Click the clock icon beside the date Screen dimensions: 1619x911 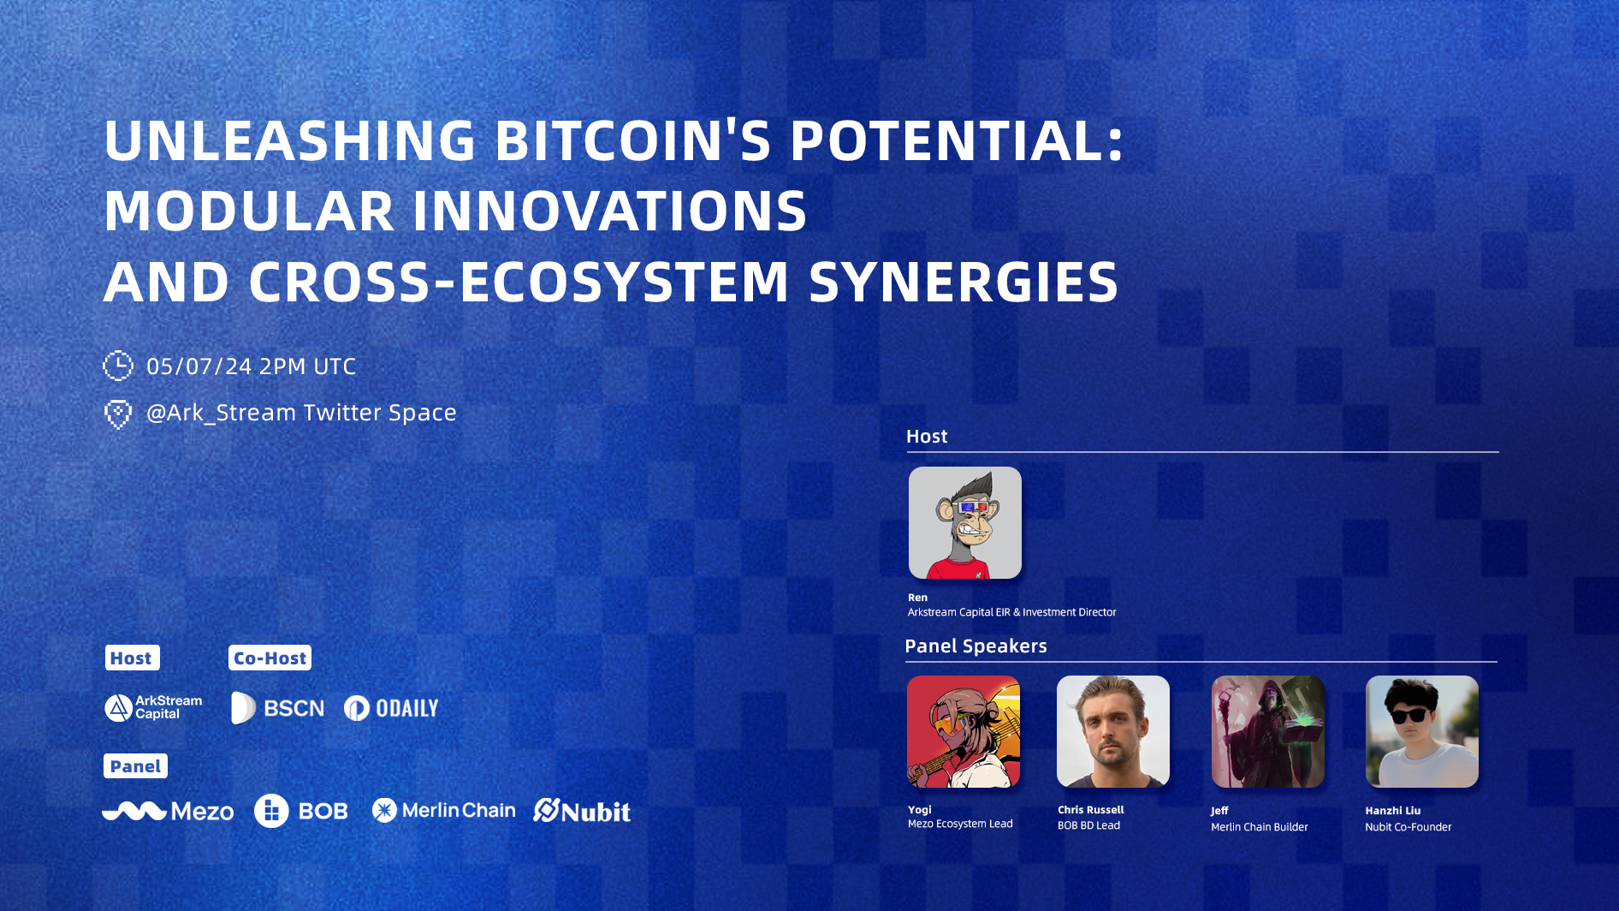click(x=118, y=366)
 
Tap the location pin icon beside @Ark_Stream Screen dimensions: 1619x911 click(x=118, y=414)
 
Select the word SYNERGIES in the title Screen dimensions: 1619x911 click(x=964, y=282)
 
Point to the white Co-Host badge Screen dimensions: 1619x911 click(x=270, y=658)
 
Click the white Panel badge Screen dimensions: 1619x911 click(x=135, y=765)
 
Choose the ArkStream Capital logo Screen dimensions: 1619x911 click(x=153, y=707)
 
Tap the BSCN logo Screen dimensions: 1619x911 click(x=278, y=708)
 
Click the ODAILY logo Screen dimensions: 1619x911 click(x=391, y=708)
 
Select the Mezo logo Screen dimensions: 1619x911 click(x=168, y=811)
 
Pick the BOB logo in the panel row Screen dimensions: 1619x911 click(x=301, y=811)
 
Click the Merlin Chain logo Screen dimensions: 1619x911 click(x=444, y=810)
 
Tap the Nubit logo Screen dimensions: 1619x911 click(x=582, y=811)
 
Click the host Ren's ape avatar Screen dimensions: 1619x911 click(x=965, y=522)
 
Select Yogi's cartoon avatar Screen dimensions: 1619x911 click(x=964, y=731)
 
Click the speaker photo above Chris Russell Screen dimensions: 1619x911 click(x=1113, y=731)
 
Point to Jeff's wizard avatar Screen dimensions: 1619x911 click(x=1268, y=731)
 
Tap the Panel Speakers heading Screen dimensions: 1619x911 click(x=976, y=646)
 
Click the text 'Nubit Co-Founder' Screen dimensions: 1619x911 click(x=1408, y=827)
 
